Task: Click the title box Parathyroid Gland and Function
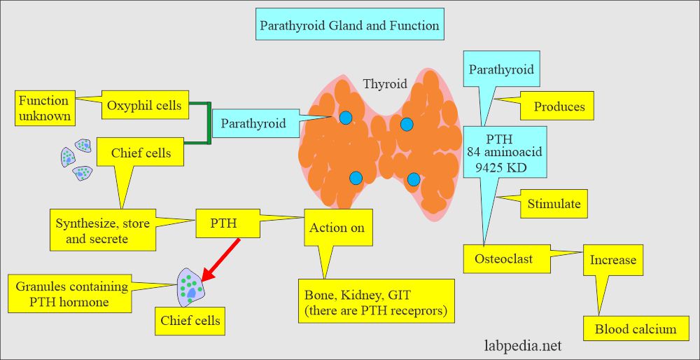[349, 26]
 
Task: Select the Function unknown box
[44, 108]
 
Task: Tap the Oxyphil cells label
[144, 106]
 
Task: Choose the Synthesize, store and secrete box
[102, 230]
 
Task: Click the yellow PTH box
[224, 224]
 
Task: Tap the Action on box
[337, 228]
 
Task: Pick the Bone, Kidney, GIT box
[376, 301]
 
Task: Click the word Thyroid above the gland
[384, 84]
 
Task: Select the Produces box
[559, 106]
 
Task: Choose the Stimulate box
[554, 204]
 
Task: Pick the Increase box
[612, 260]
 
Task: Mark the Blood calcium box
[636, 329]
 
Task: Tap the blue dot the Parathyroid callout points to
[346, 118]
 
